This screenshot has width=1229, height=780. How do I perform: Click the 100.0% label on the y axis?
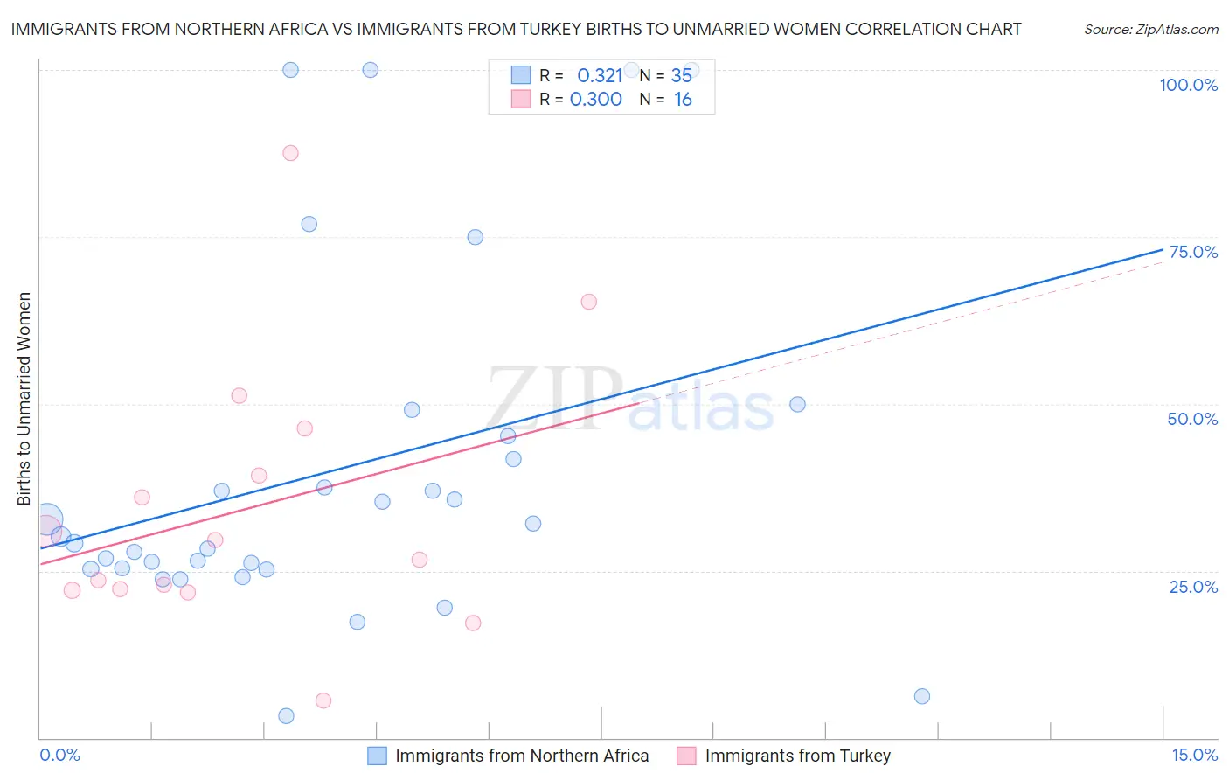(1188, 85)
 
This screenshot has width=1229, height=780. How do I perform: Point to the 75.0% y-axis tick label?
(1193, 252)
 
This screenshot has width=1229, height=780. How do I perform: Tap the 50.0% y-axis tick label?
(1192, 419)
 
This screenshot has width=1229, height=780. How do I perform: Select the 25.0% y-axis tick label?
(1193, 587)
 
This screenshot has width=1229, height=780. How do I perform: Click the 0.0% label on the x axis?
(59, 756)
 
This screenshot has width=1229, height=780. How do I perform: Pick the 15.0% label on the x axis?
(1194, 756)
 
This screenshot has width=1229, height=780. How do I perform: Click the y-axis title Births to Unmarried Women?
(24, 399)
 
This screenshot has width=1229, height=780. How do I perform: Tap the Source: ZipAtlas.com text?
(1150, 30)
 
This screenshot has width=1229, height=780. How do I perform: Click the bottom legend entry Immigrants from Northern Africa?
(521, 756)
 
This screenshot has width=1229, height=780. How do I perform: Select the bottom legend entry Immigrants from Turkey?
(797, 756)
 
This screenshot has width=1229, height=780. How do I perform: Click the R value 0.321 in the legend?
(600, 76)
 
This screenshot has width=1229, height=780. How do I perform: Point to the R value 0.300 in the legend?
(596, 100)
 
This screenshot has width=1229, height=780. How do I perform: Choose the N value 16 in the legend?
(683, 100)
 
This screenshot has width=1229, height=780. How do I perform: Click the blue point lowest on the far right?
(921, 696)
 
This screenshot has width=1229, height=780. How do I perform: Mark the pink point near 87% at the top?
(290, 153)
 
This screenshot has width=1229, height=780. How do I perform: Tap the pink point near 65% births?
(588, 302)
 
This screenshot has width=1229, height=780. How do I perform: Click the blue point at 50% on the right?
(797, 404)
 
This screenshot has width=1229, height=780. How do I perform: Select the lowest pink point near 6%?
(323, 700)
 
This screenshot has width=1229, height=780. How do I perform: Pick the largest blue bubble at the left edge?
(48, 519)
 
